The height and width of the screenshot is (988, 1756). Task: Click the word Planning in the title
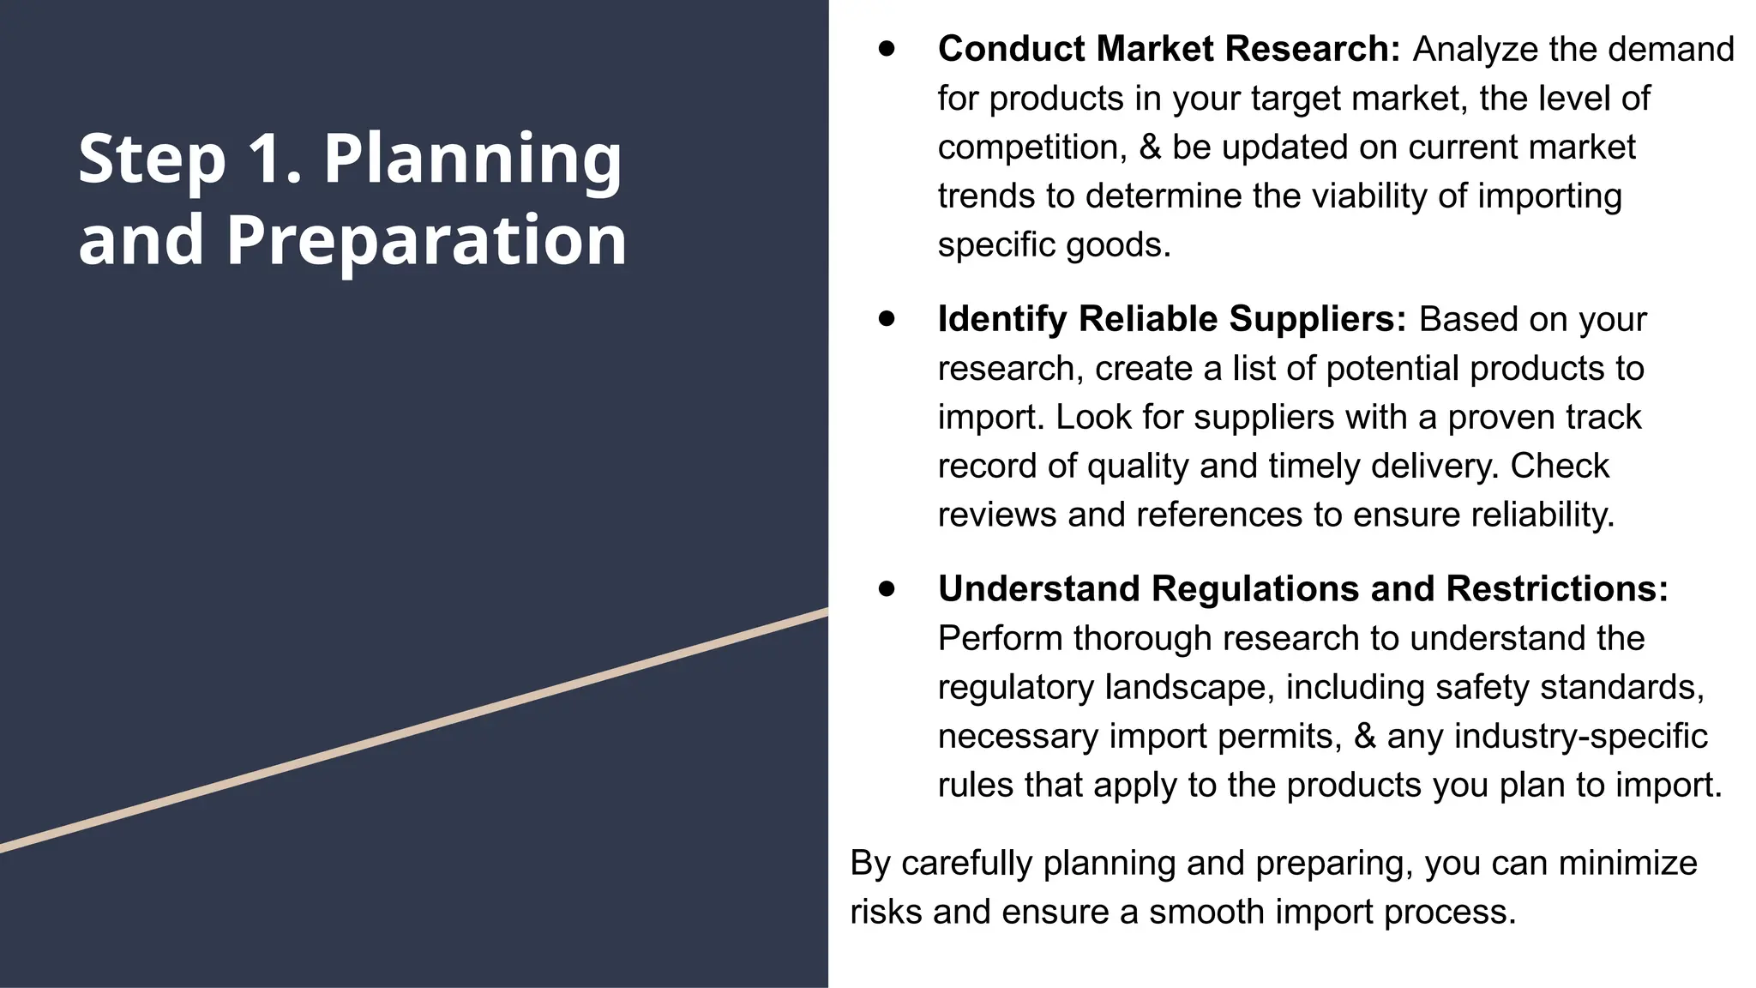pyautogui.click(x=472, y=160)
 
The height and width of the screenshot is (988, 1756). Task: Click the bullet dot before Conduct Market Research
pyautogui.click(x=887, y=49)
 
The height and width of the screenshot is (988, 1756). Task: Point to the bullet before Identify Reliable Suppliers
pyautogui.click(x=887, y=319)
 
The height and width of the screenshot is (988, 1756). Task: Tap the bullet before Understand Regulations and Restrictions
pyautogui.click(x=887, y=589)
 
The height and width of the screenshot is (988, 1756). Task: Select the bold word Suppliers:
pyautogui.click(x=1318, y=319)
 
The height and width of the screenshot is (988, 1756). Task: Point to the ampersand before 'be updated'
pyautogui.click(x=1150, y=148)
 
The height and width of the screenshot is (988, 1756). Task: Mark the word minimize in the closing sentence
pyautogui.click(x=1627, y=864)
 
